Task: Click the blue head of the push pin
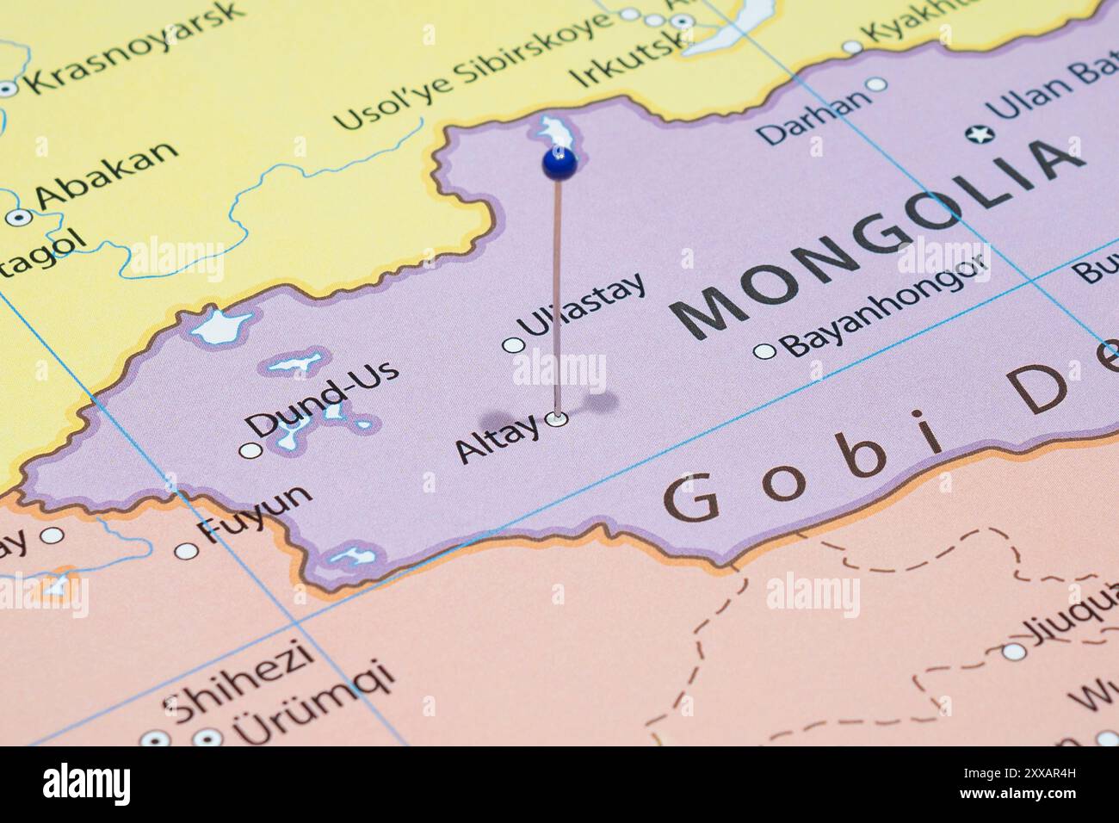pos(559,162)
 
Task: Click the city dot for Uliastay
pos(514,345)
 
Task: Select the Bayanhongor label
pos(882,306)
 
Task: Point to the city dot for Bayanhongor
pos(764,350)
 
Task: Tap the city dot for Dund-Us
pos(250,450)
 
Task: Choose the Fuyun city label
pos(255,513)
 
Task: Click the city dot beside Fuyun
pos(187,551)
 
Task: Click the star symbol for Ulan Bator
pos(979,134)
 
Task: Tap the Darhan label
pos(813,118)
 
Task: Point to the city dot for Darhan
pos(876,84)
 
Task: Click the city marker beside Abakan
pos(19,218)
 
